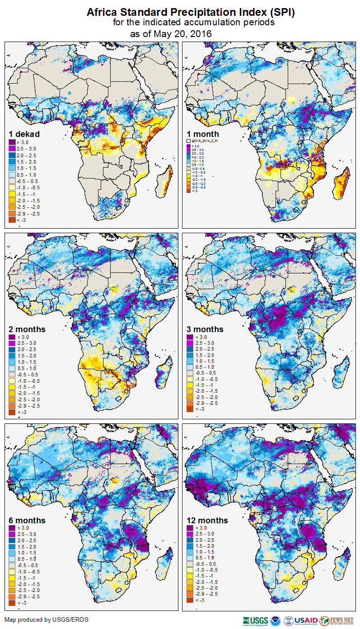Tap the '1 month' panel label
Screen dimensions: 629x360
click(203, 134)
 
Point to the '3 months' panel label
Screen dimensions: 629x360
click(205, 329)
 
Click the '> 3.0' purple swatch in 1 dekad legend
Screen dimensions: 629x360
click(12, 142)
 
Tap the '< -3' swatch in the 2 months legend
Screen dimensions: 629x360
click(12, 412)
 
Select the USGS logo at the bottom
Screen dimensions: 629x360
click(256, 620)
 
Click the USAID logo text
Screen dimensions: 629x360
click(305, 620)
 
